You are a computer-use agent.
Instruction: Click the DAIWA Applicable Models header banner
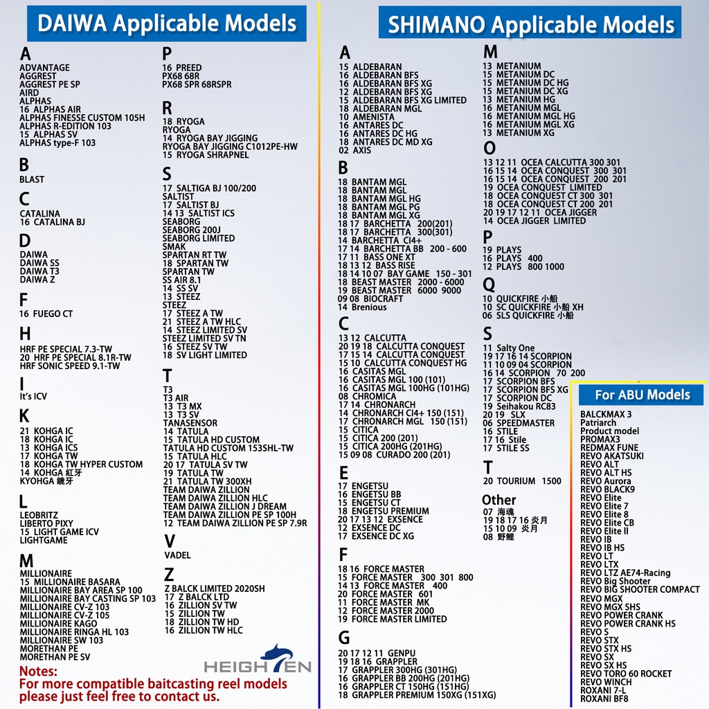[x=166, y=24]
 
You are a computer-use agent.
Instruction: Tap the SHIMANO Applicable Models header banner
[x=530, y=25]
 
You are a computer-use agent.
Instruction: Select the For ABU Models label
[x=643, y=395]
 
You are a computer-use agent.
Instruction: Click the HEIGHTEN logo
[x=258, y=663]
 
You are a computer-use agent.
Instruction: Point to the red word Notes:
[x=38, y=672]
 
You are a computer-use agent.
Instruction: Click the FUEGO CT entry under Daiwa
[x=46, y=314]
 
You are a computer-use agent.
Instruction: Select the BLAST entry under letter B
[x=32, y=179]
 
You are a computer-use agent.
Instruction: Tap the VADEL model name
[x=177, y=555]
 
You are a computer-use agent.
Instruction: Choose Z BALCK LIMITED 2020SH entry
[x=214, y=589]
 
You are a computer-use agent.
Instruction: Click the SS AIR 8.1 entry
[x=182, y=280]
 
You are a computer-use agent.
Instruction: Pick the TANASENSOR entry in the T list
[x=190, y=423]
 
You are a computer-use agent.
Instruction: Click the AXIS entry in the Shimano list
[x=354, y=150]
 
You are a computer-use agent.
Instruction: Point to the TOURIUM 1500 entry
[x=522, y=481]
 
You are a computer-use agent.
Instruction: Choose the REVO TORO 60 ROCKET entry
[x=626, y=674]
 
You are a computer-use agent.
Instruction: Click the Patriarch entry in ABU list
[x=598, y=422]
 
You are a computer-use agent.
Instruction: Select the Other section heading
[x=499, y=499]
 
